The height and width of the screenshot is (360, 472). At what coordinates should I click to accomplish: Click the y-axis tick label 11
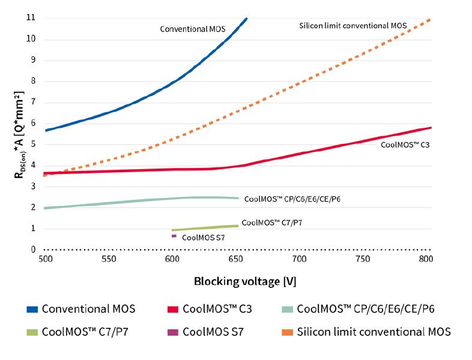click(x=31, y=18)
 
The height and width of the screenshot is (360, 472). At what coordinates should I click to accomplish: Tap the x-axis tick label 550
click(x=109, y=259)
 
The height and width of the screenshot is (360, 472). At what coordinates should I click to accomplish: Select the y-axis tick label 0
click(x=33, y=250)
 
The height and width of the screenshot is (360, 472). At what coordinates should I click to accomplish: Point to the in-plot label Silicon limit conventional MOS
click(x=353, y=25)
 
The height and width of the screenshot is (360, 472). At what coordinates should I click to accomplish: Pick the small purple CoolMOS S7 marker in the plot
click(x=174, y=236)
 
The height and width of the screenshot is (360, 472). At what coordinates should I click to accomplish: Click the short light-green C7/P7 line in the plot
click(x=205, y=227)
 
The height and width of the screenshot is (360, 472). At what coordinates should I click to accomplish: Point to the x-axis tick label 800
click(x=425, y=259)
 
